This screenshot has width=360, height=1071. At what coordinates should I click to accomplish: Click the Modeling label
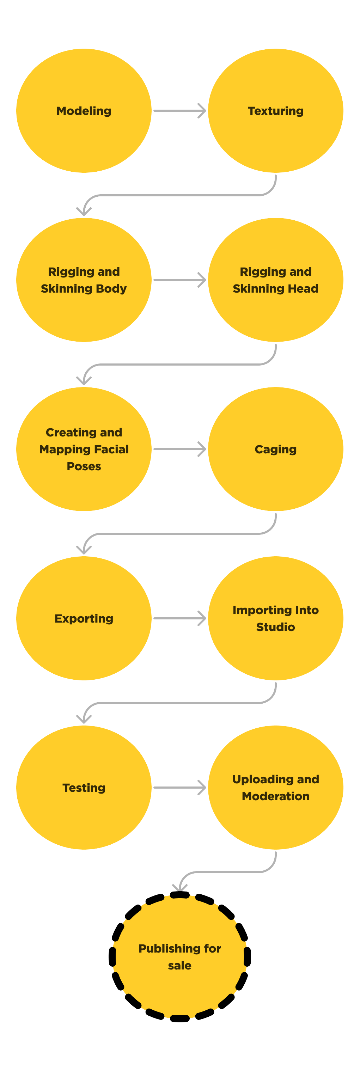point(84,111)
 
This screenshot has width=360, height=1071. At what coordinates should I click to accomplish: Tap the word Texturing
point(276,111)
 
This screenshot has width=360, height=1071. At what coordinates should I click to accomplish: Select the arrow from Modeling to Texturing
point(179,111)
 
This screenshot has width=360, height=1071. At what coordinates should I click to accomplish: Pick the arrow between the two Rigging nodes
point(179,280)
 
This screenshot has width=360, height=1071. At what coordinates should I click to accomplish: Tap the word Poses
point(84,466)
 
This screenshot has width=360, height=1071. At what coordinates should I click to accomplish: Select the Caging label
point(276,449)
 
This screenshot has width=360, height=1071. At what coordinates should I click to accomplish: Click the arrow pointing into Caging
point(179,449)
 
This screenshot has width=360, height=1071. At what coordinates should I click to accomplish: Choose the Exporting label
point(84,619)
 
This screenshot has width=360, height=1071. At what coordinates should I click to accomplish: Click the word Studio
point(276,627)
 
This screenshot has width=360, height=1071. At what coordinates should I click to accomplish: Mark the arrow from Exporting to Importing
point(179,618)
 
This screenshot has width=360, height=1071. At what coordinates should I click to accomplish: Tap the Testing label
point(84,788)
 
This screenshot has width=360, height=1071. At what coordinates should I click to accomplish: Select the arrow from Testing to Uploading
point(179,788)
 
